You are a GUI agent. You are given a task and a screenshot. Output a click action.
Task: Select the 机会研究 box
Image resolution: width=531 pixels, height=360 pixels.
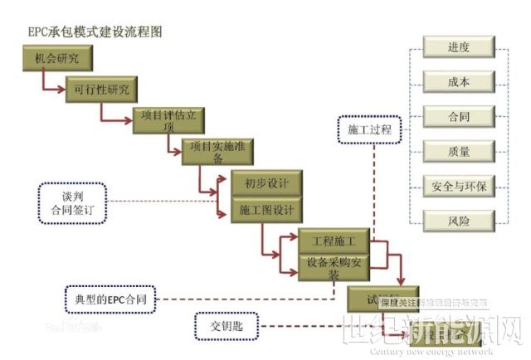(x=56, y=60)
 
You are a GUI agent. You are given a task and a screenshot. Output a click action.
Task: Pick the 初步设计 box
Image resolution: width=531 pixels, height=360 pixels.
(x=261, y=182)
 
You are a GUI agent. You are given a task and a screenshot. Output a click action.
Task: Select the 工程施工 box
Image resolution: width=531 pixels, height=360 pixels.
(x=333, y=241)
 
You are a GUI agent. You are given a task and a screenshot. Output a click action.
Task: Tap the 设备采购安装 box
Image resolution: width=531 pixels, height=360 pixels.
(x=333, y=267)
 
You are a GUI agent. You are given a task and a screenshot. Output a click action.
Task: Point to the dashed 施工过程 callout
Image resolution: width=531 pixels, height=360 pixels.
(x=370, y=131)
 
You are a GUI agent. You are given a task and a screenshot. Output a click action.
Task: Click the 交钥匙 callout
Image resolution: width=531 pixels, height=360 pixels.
(x=227, y=326)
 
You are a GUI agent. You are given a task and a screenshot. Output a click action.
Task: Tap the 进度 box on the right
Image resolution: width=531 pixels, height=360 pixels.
(x=459, y=47)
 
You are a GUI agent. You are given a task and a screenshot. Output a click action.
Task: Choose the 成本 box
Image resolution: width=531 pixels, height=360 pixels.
(x=459, y=81)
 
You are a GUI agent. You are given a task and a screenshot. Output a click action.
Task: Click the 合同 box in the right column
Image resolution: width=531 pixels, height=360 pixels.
(x=459, y=116)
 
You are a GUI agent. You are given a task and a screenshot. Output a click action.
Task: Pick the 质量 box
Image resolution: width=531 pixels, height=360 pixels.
(x=459, y=151)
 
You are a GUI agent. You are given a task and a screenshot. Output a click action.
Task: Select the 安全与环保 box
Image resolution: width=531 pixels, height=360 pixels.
(x=459, y=186)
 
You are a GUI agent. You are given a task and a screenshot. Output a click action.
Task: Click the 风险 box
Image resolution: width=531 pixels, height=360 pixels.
(x=459, y=221)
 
